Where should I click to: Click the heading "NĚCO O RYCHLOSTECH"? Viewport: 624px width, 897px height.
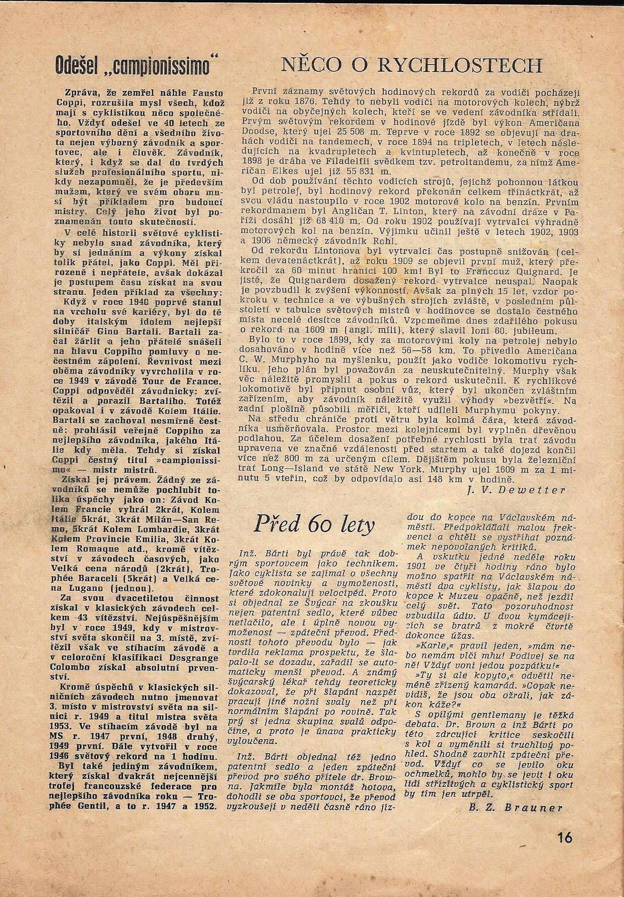[x=411, y=65]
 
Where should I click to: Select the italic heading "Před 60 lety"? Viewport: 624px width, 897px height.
[x=314, y=524]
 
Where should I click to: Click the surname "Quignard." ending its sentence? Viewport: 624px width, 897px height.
[x=542, y=271]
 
